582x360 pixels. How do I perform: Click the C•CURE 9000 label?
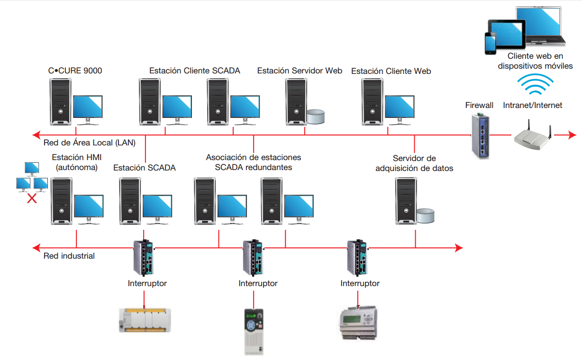point(75,71)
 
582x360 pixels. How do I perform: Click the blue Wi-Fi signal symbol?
point(535,85)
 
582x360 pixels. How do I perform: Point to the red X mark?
point(32,198)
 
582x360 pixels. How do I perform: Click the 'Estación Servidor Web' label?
point(300,71)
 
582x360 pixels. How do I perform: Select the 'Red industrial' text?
point(69,256)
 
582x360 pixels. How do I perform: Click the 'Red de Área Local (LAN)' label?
point(89,142)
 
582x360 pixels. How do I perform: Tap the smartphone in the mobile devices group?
point(490,43)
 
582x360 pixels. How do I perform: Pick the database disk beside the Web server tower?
point(316,116)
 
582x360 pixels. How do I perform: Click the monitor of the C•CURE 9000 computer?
point(88,107)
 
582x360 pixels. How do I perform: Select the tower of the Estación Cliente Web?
point(372,101)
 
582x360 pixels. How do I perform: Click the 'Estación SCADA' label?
point(145,168)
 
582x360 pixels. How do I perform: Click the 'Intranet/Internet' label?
point(533,105)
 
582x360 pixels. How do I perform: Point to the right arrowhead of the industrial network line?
point(459,248)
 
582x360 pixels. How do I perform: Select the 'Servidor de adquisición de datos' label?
point(414,163)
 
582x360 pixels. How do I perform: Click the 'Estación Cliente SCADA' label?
point(195,71)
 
